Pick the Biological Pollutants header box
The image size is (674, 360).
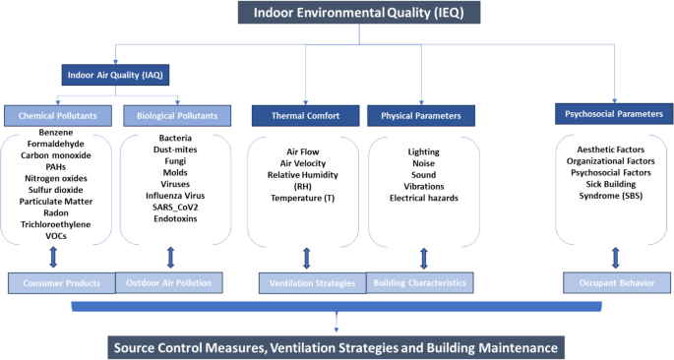pos(175,116)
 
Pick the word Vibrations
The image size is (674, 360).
pos(423,185)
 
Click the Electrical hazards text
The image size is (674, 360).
pos(423,198)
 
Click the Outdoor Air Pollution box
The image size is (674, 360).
pos(170,283)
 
